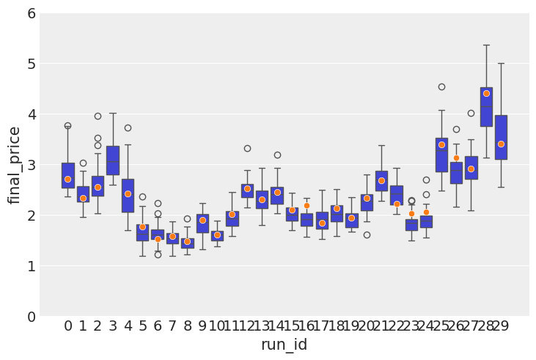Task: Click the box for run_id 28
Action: (x=486, y=107)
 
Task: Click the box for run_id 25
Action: (x=441, y=155)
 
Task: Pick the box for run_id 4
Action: (x=128, y=195)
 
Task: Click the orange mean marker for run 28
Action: (x=486, y=93)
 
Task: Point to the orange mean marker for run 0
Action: (x=67, y=179)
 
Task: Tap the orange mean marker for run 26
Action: (x=456, y=158)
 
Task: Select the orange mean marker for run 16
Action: (x=306, y=205)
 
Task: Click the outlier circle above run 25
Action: (x=441, y=87)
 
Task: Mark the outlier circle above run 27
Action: (x=471, y=113)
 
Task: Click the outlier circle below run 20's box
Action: (x=367, y=235)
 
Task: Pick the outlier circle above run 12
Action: (x=247, y=148)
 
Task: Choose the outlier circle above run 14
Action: (x=277, y=155)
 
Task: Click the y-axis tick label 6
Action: (x=32, y=13)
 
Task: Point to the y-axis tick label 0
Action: (x=32, y=316)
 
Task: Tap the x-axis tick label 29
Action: (x=501, y=326)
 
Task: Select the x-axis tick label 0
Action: (x=67, y=326)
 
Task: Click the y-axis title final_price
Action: (x=15, y=165)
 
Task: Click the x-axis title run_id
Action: (x=284, y=345)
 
